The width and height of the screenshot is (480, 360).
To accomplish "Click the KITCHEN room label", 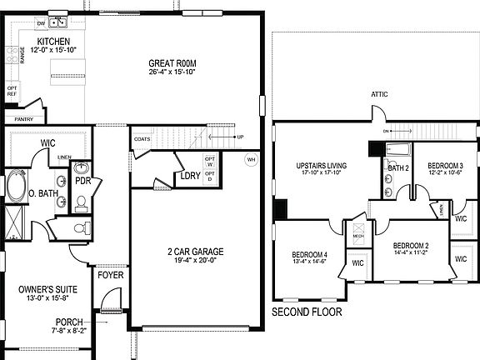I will (x=53, y=42).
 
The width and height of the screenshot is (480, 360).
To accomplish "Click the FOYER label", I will (x=110, y=274).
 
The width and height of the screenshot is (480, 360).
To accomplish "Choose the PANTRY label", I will (x=24, y=118).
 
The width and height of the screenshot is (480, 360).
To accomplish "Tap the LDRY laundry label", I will (x=189, y=176).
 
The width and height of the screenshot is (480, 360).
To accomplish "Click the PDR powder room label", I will (x=82, y=180).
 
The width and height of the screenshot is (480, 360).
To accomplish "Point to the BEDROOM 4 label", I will (x=309, y=255).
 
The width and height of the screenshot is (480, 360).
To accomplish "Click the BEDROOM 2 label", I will (x=411, y=245).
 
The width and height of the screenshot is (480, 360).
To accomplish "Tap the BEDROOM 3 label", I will (x=446, y=167).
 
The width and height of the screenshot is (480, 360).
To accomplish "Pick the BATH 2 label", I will (x=397, y=167).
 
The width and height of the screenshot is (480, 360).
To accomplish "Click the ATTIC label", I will (x=380, y=94).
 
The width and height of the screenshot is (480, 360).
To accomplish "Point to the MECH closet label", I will (x=359, y=236).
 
